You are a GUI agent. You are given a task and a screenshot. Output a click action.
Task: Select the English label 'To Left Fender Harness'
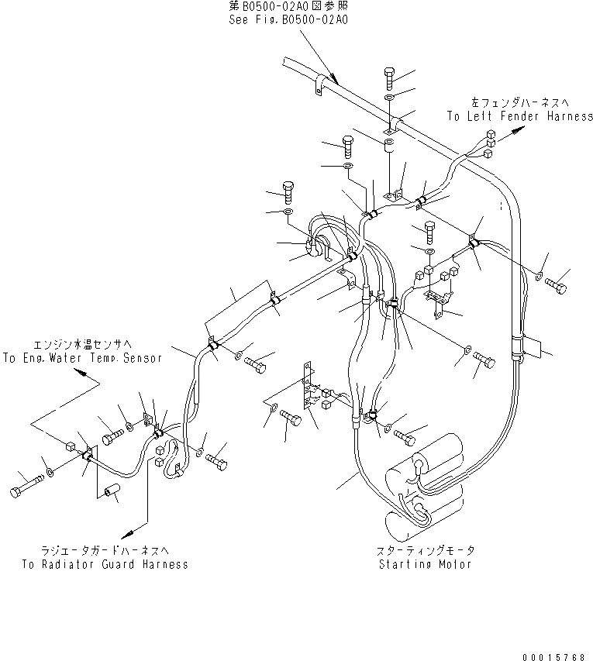(x=519, y=115)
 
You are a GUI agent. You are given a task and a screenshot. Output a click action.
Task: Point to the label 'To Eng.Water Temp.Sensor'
(x=82, y=358)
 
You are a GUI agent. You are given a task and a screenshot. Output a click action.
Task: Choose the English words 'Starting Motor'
(x=426, y=564)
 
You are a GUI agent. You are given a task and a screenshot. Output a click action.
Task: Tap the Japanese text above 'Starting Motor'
(x=426, y=550)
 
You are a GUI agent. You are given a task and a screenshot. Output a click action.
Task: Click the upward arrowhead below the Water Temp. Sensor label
(x=82, y=374)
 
